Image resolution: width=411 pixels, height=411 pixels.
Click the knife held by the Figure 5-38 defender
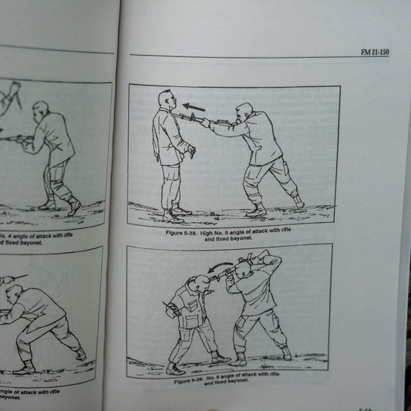pos(187,153)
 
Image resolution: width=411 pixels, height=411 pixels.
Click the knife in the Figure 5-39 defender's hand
pos(168,312)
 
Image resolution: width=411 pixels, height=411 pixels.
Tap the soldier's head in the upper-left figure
pos(41,109)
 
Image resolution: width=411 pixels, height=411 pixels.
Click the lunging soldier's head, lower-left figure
pos(13,295)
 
